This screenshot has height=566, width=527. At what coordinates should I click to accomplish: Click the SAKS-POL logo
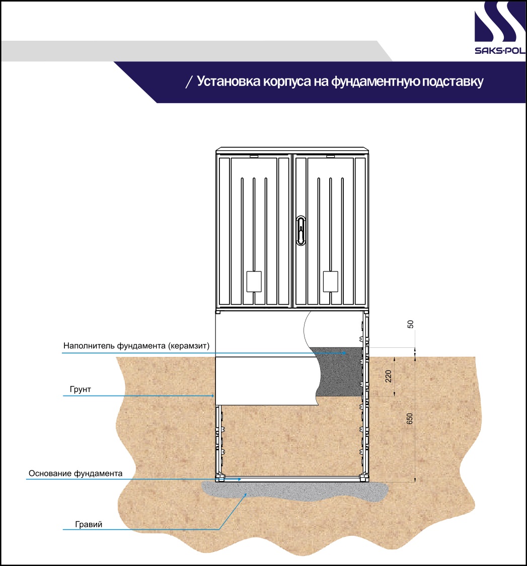pyautogui.click(x=500, y=28)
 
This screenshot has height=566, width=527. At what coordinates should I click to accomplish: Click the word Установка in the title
pyautogui.click(x=229, y=81)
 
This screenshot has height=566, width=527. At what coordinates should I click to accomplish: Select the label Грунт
pyautogui.click(x=80, y=390)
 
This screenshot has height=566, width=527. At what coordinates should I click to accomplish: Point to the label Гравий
pyautogui.click(x=89, y=524)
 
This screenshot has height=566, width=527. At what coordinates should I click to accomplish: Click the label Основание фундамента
pyautogui.click(x=76, y=474)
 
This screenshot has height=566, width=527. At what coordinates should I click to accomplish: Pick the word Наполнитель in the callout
pyautogui.click(x=89, y=346)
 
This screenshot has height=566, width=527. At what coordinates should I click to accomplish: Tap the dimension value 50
pyautogui.click(x=410, y=324)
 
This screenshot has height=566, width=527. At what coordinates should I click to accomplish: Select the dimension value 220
pyautogui.click(x=388, y=376)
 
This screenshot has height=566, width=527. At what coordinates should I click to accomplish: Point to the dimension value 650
pyautogui.click(x=410, y=419)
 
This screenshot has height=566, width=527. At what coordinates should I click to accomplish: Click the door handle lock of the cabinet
pyautogui.click(x=300, y=231)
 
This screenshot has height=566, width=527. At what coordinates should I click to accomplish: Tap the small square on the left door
pyautogui.click(x=254, y=281)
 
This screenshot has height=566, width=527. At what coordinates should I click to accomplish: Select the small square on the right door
pyautogui.click(x=330, y=281)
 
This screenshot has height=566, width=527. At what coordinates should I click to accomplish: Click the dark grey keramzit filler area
pyautogui.click(x=340, y=372)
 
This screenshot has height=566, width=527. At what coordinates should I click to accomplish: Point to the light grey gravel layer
pyautogui.click(x=294, y=491)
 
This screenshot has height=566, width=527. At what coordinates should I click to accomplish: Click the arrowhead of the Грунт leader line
pyautogui.click(x=213, y=396)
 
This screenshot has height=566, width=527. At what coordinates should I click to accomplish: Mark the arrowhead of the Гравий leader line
pyautogui.click(x=246, y=495)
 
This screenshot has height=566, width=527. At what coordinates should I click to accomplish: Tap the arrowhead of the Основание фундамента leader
pyautogui.click(x=239, y=480)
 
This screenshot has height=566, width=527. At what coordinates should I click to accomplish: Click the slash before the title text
pyautogui.click(x=189, y=82)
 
